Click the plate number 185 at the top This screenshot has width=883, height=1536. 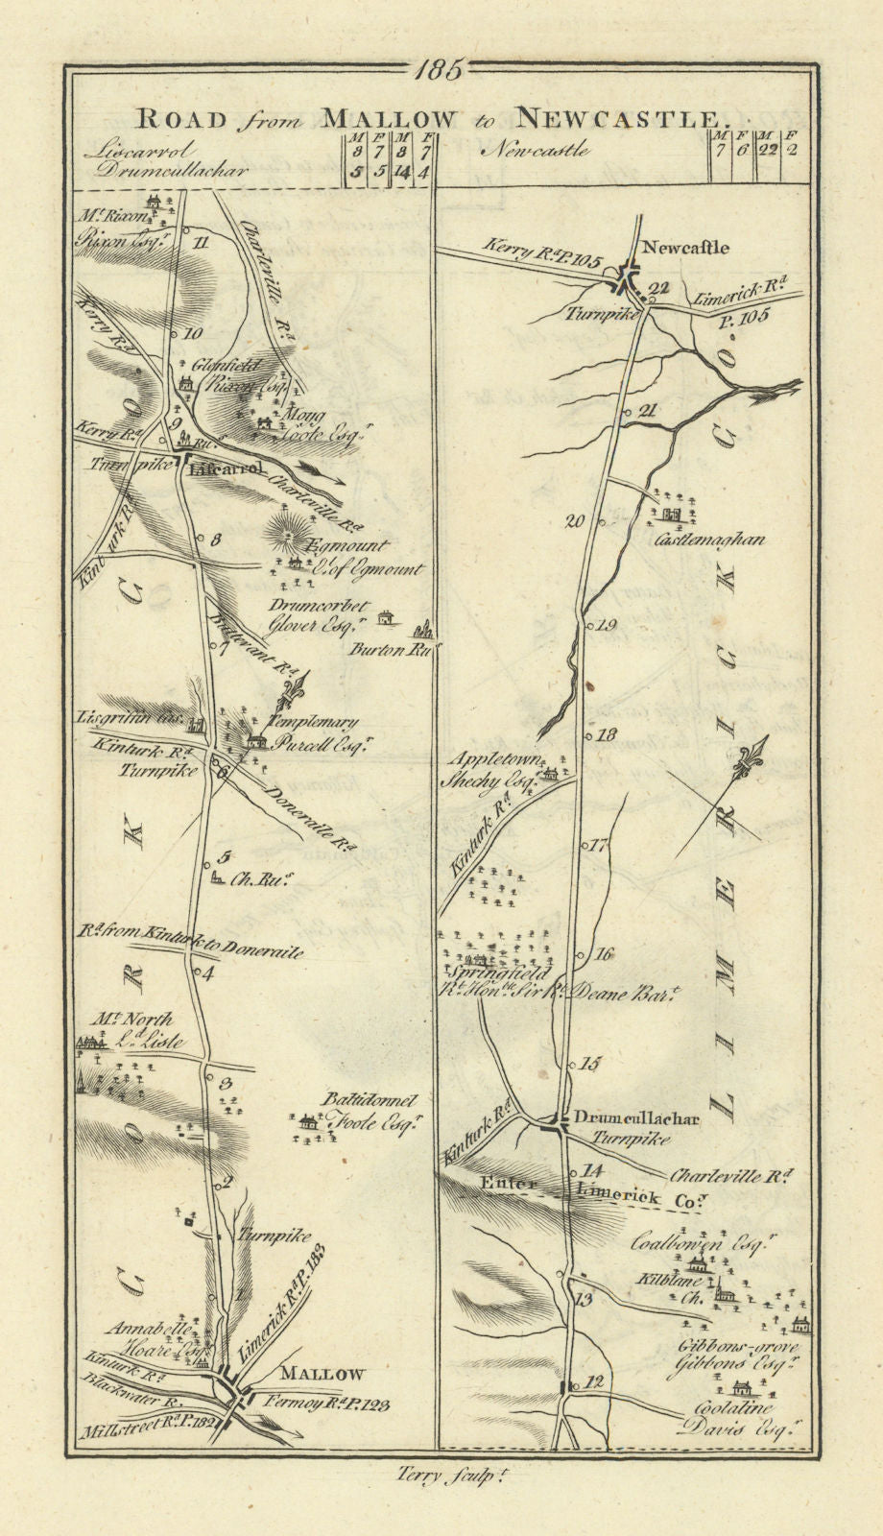441,69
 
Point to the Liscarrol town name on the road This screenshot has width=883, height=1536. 226,469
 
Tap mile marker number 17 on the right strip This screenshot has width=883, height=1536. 600,846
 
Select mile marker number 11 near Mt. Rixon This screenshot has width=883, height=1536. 200,242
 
